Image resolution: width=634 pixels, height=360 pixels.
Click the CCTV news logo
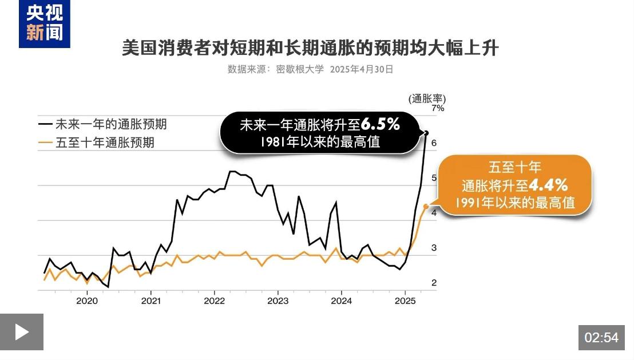tap(44, 24)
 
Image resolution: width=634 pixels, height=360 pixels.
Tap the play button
tap(22, 332)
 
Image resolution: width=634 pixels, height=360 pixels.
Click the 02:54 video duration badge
tap(601, 338)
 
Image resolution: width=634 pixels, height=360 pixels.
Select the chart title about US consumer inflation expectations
tap(310, 48)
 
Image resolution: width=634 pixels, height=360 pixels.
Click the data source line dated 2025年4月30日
tap(310, 69)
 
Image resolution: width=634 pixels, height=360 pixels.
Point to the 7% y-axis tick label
tap(438, 108)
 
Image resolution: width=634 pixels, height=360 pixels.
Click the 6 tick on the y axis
tap(434, 143)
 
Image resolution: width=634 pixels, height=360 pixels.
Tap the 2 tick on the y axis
tap(434, 283)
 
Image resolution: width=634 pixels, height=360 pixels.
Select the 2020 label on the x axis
tap(87, 300)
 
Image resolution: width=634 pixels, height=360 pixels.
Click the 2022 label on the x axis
tap(214, 300)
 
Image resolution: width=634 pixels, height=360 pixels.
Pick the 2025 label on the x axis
tap(405, 300)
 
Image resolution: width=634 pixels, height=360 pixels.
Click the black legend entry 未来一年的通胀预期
tap(103, 124)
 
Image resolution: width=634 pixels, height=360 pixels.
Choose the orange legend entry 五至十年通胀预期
tap(97, 143)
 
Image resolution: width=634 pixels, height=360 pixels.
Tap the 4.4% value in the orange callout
tap(548, 185)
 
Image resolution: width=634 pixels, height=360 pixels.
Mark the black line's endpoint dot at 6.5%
tap(426, 133)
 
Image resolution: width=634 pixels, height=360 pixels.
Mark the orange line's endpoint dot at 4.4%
tap(426, 207)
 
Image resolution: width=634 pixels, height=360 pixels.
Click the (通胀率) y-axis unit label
tap(427, 98)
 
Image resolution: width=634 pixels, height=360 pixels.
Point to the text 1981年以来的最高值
tap(319, 141)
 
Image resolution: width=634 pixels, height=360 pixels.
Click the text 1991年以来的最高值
tap(515, 203)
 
